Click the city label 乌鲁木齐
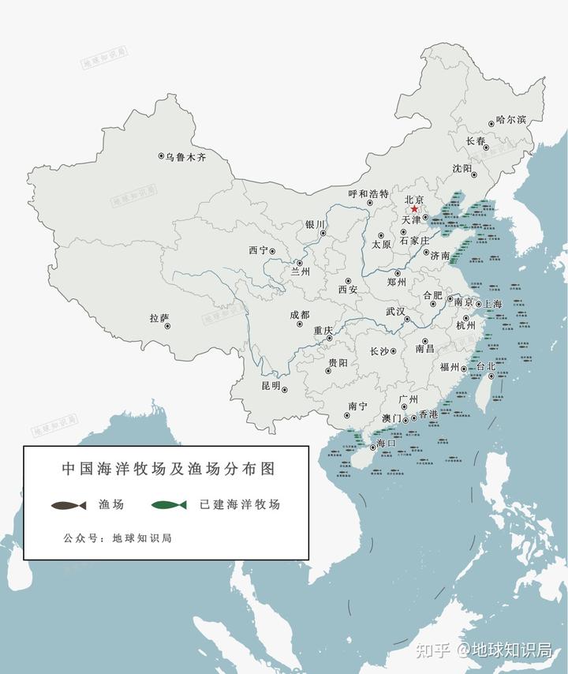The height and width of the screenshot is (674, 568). coord(186,158)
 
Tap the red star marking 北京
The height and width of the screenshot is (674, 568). coord(414,209)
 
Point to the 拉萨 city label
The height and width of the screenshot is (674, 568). coord(159,318)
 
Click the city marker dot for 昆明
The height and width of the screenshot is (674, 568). coord(285,390)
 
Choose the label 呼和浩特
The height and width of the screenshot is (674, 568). coord(368,193)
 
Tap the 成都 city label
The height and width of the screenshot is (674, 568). coord(300,314)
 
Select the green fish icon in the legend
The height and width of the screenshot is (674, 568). coord(170,504)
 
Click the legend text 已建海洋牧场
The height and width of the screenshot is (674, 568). coord(240,504)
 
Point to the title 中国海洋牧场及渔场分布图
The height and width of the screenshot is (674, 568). coord(167,468)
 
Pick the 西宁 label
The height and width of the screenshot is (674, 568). coord(258,250)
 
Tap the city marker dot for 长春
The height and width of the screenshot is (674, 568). coord(486,148)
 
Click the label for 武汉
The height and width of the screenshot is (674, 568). coord(394,312)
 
